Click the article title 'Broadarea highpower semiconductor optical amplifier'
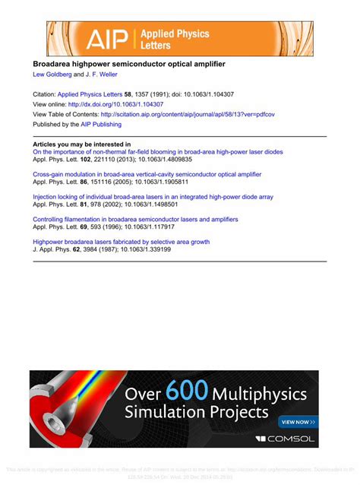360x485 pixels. pyautogui.click(x=128, y=65)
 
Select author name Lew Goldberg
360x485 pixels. pyautogui.click(x=52, y=75)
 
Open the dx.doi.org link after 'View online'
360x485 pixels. pyautogui.click(x=121, y=104)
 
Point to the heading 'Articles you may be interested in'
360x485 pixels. pyautogui.click(x=82, y=144)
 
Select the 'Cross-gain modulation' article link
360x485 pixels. pyautogui.click(x=147, y=174)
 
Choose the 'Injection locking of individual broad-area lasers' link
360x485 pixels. pyautogui.click(x=153, y=196)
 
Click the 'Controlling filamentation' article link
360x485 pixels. pyautogui.click(x=135, y=219)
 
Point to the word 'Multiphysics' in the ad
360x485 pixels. pyautogui.click(x=260, y=395)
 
